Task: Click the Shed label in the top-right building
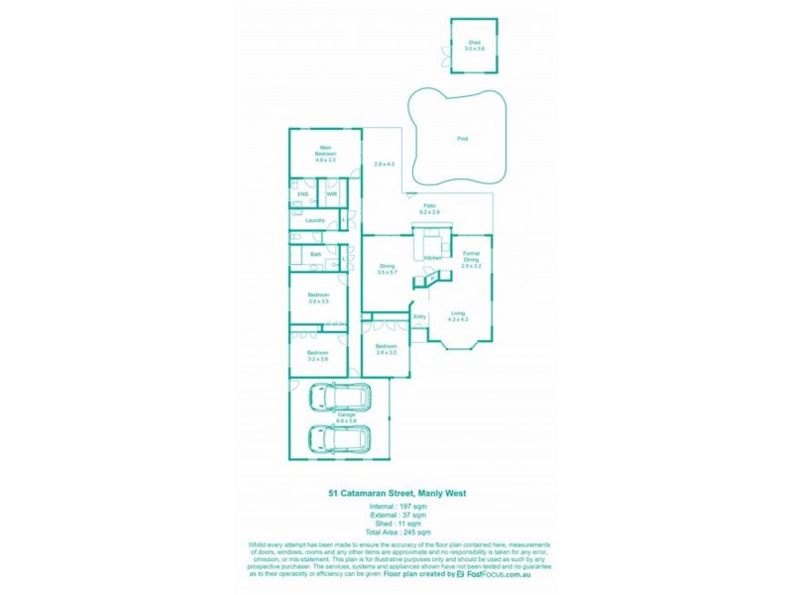pos(474,42)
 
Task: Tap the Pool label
pos(462,139)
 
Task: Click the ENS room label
pos(302,194)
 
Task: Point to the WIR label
pos(331,194)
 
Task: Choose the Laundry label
pos(315,220)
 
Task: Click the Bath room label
pos(315,254)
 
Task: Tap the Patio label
pos(429,206)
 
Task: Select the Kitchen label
pos(432,258)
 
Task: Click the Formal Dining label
pos(471,260)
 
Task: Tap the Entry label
pos(419,317)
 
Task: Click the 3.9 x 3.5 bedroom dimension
pos(317,300)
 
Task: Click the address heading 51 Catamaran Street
pos(396,493)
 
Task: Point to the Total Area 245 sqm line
pos(396,533)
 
